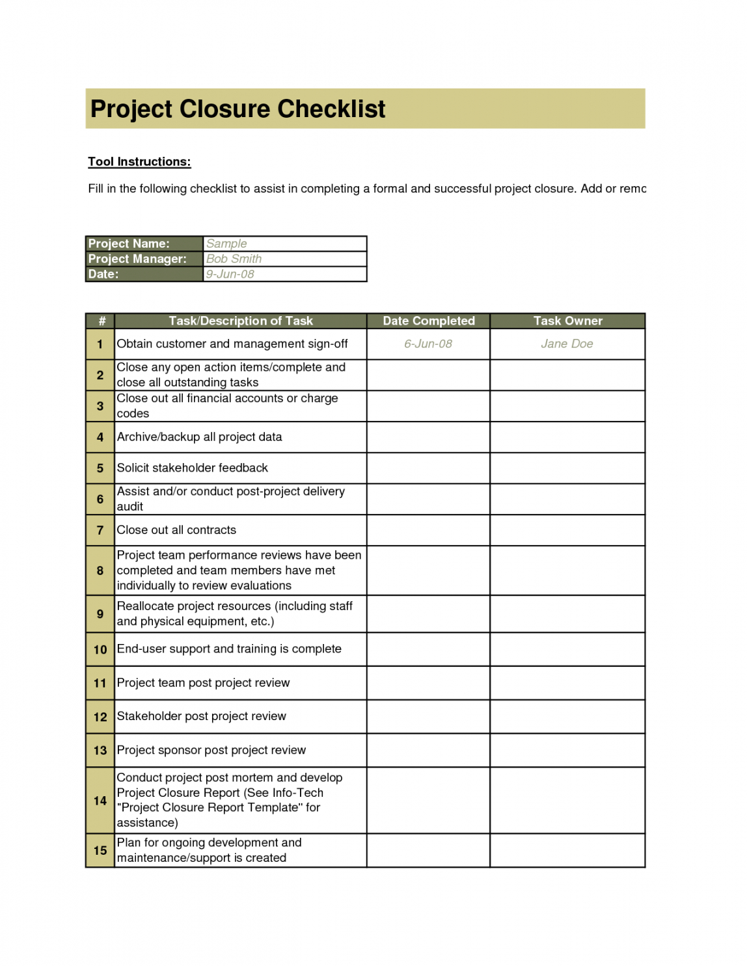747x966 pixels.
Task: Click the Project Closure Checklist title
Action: click(x=238, y=109)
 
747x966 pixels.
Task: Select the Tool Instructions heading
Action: click(x=139, y=162)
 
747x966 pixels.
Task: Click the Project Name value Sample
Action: click(x=226, y=244)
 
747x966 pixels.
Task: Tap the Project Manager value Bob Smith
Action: click(x=234, y=259)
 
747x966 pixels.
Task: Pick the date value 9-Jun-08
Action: click(x=230, y=274)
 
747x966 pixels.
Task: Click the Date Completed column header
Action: click(x=429, y=321)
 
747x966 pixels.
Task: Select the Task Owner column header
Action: click(x=567, y=321)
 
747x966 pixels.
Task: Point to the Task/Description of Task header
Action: click(x=241, y=321)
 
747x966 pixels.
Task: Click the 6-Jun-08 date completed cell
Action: click(x=428, y=344)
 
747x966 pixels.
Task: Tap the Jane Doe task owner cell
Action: click(x=567, y=344)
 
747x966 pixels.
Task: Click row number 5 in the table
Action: click(x=100, y=468)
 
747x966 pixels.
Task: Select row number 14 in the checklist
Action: click(x=100, y=801)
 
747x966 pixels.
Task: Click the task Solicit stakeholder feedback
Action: click(x=192, y=468)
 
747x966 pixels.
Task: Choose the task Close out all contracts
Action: click(x=176, y=530)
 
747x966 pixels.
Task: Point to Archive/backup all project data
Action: click(x=199, y=437)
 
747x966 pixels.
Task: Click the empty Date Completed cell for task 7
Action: click(x=428, y=530)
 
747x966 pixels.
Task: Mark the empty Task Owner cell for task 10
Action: click(x=567, y=649)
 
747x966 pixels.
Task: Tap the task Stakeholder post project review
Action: click(x=201, y=716)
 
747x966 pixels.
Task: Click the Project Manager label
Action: click(x=137, y=259)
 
